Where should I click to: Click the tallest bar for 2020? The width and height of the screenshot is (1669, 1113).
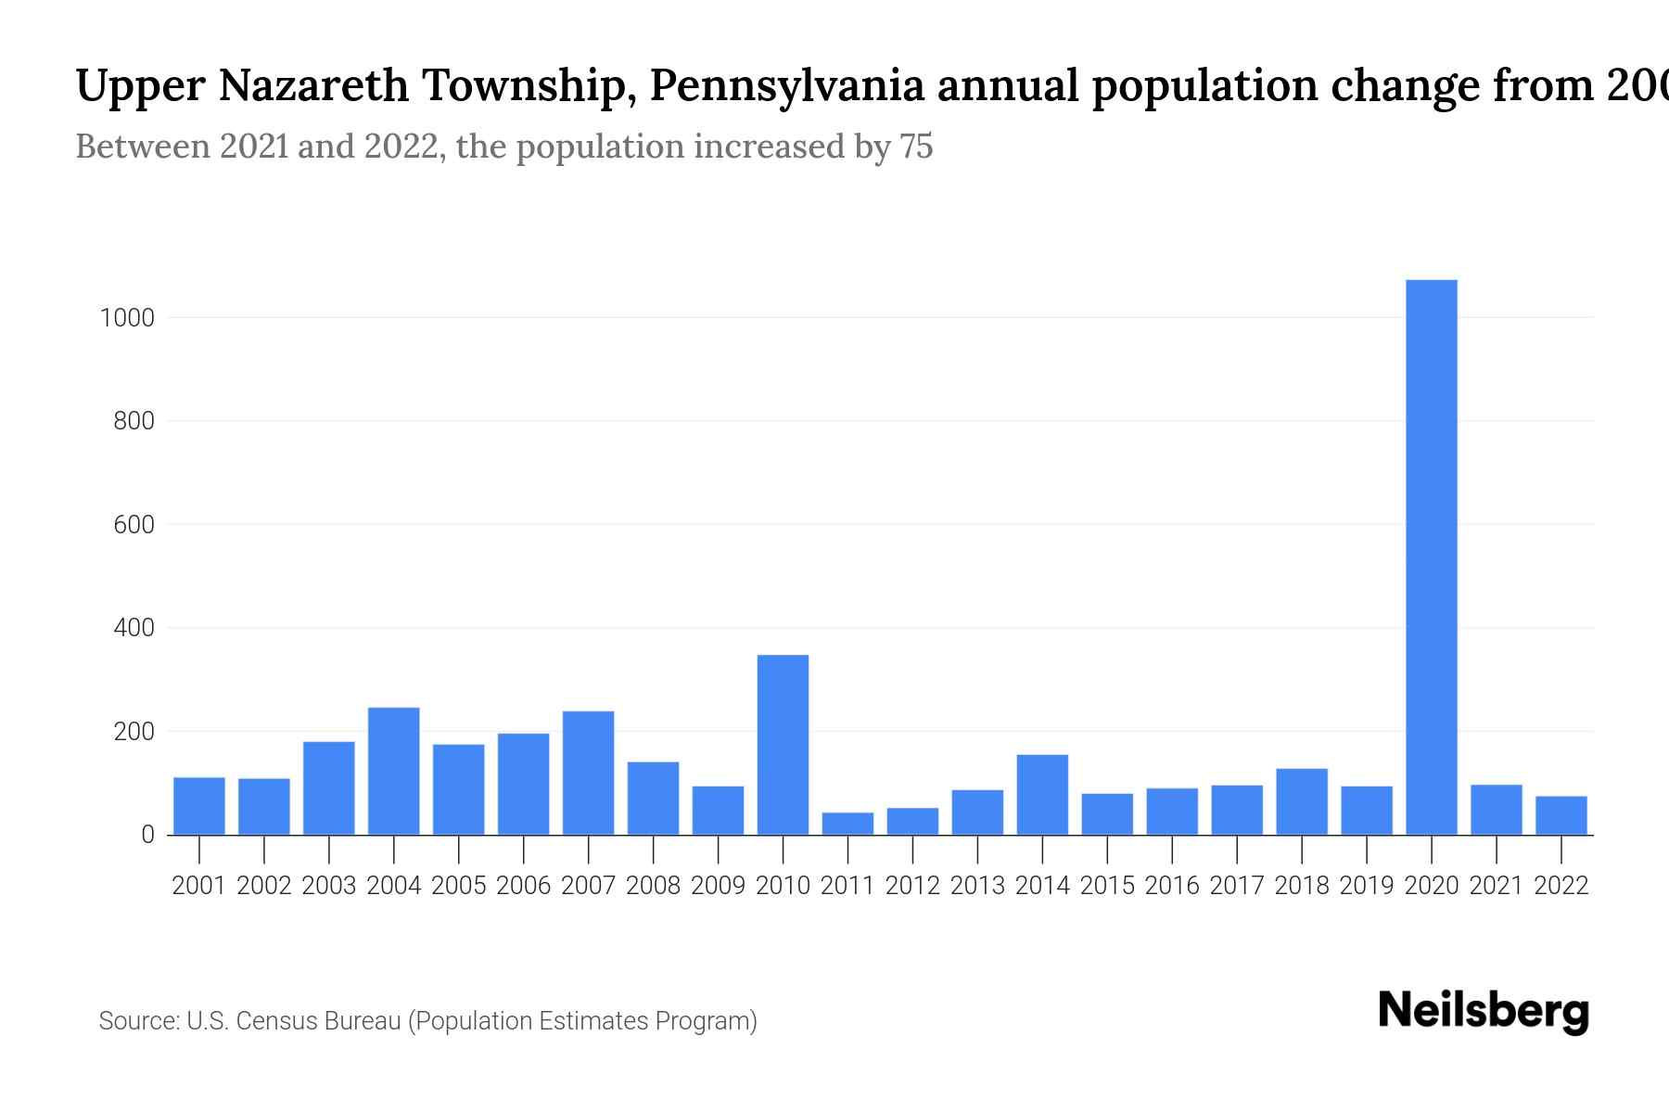(1431, 556)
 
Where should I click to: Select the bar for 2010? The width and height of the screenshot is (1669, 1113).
(783, 745)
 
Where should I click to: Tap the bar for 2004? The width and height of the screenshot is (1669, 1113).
(393, 771)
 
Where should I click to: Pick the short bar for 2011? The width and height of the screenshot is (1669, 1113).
(847, 824)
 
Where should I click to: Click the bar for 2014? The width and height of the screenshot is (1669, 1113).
(1042, 795)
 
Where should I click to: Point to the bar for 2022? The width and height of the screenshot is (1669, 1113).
(1561, 815)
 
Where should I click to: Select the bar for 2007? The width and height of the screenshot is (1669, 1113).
(588, 773)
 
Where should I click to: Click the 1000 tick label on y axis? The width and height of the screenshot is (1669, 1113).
(126, 318)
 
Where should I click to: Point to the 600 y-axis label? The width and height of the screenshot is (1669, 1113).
(134, 525)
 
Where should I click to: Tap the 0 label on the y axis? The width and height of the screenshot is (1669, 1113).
(147, 835)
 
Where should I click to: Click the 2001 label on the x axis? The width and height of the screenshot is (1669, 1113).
(198, 886)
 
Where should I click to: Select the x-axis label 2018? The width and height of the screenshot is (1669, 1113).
(1301, 886)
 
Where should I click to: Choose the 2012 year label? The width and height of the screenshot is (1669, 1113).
(912, 886)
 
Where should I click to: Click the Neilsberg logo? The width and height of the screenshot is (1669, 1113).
(1484, 1011)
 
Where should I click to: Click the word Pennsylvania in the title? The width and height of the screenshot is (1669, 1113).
(786, 86)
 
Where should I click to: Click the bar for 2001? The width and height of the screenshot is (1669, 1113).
(198, 806)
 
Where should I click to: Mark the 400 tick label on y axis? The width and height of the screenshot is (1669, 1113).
(134, 628)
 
